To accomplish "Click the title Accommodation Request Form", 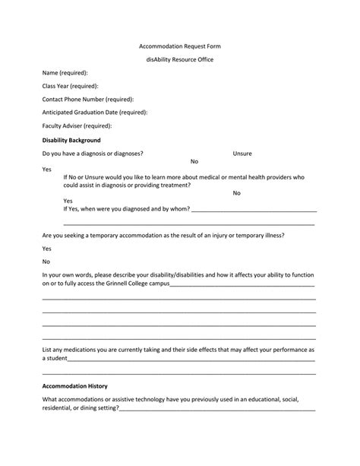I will click(179, 46).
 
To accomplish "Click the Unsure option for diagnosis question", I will click(242, 154).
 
